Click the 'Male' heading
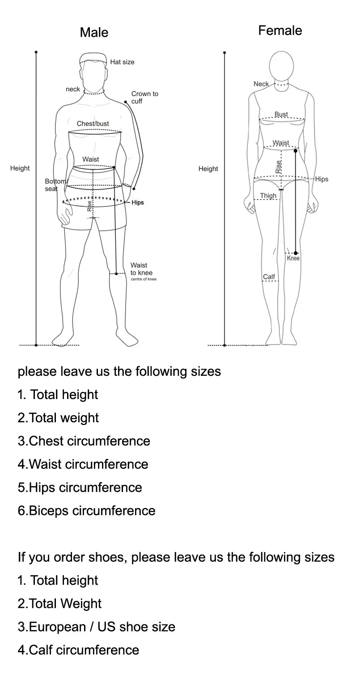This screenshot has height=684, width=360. (94, 32)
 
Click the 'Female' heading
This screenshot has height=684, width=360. (280, 30)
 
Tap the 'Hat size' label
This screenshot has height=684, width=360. (122, 62)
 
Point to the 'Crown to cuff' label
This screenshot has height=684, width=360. (144, 98)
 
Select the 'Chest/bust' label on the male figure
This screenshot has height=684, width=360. (93, 123)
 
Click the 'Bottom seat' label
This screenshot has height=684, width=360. (53, 185)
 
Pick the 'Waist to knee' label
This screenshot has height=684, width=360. (141, 269)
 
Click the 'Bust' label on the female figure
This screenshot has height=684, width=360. (281, 114)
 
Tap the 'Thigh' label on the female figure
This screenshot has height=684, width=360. (268, 195)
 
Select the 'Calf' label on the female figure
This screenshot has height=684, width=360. (269, 276)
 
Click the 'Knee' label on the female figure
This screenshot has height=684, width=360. (293, 258)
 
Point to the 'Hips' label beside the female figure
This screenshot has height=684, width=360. (322, 179)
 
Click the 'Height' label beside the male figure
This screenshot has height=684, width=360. (20, 168)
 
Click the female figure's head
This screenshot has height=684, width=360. (281, 65)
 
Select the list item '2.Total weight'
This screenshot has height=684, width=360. (58, 418)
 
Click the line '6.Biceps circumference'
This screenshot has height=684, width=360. (86, 511)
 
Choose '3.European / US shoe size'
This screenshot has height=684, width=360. (96, 627)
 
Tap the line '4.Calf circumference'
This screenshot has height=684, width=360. (78, 650)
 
